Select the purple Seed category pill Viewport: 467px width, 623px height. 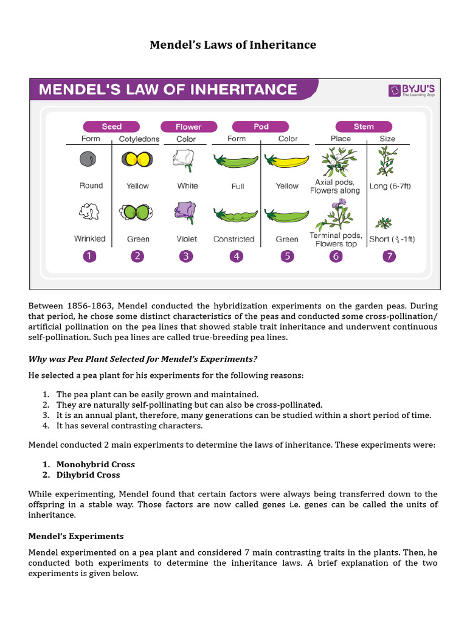(x=111, y=127)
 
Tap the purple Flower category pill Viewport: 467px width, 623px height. (x=188, y=127)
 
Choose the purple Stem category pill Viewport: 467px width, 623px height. (x=364, y=127)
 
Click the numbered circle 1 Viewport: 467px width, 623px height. (x=90, y=256)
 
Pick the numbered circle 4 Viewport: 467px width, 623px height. (x=236, y=256)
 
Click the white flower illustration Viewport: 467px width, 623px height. (x=184, y=158)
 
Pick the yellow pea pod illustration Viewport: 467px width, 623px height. (x=286, y=161)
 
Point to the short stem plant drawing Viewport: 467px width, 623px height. (x=385, y=222)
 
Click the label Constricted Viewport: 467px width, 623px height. (x=233, y=239)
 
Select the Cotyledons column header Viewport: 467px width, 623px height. (x=139, y=139)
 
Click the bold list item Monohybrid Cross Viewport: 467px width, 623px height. (x=95, y=464)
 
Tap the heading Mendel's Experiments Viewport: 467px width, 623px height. (x=76, y=536)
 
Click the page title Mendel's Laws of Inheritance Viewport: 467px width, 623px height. (x=233, y=44)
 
